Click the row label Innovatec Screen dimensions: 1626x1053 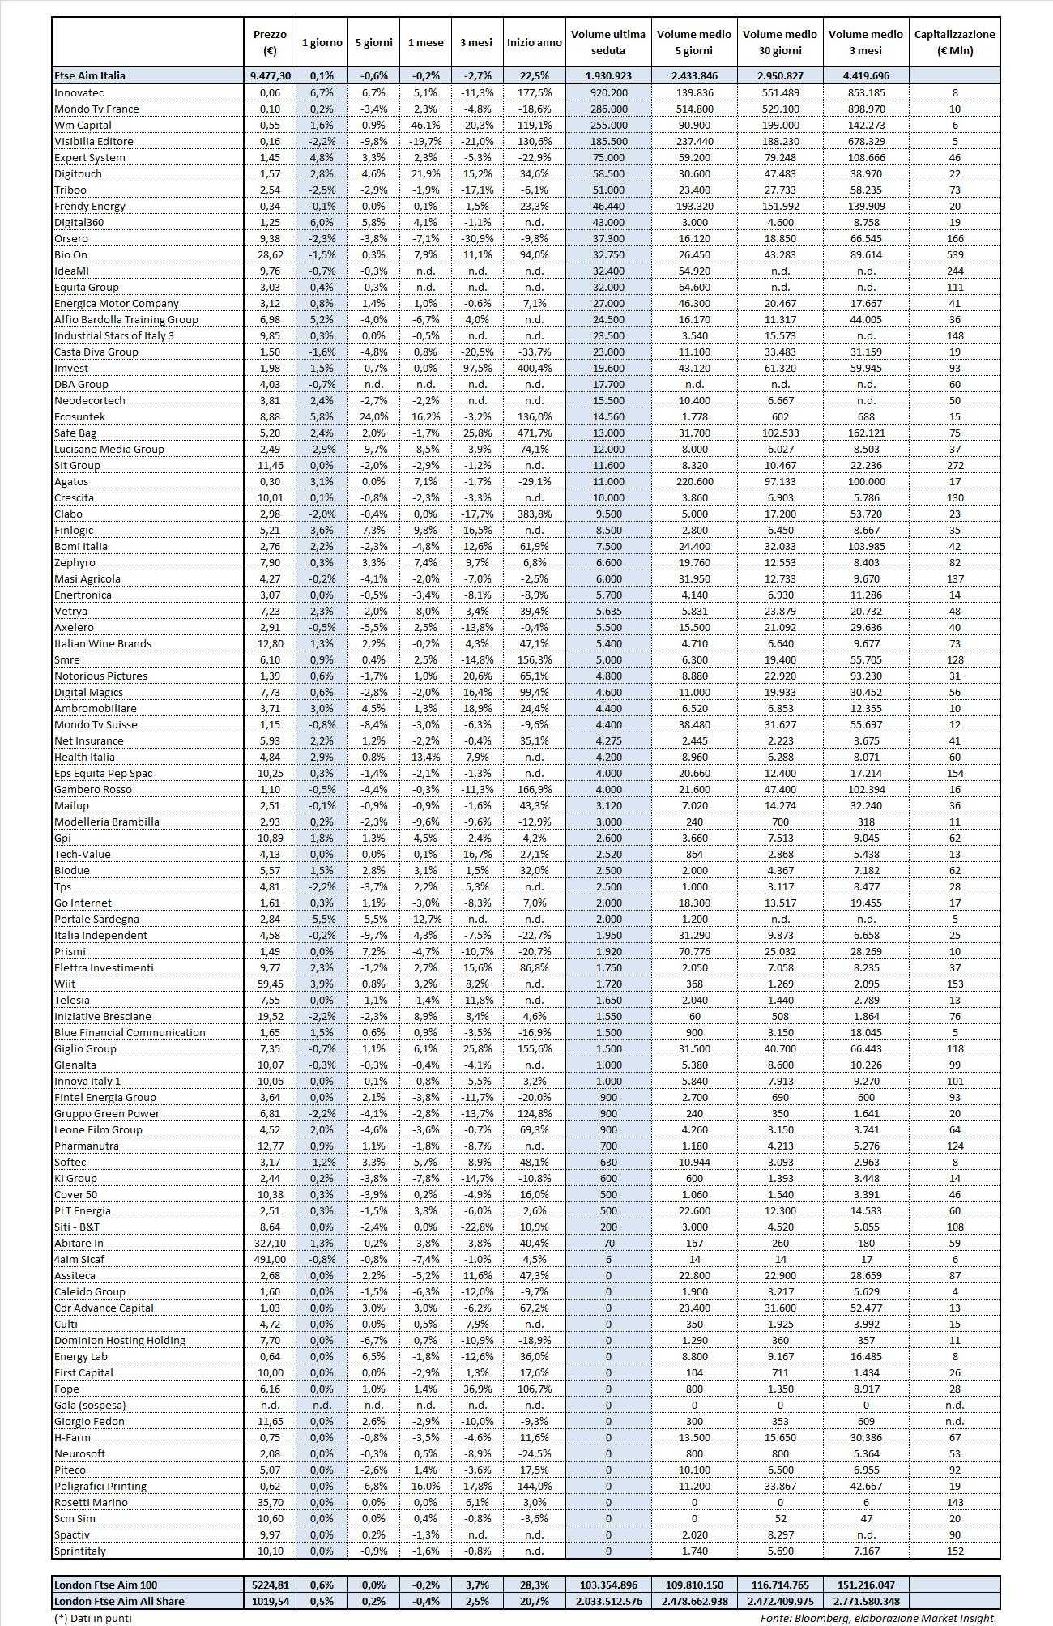79,92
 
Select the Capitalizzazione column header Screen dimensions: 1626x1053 954,42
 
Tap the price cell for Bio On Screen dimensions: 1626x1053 270,254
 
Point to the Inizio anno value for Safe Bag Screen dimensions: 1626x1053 534,433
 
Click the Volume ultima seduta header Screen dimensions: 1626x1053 608,42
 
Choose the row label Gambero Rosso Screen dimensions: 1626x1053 93,789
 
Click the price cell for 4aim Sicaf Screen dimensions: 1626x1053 270,1259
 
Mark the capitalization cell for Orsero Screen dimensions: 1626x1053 954,238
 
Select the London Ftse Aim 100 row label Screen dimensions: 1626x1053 106,1585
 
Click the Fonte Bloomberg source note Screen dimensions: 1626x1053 877,1618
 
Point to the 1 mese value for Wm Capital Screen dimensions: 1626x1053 425,125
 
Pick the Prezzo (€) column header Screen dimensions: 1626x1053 270,42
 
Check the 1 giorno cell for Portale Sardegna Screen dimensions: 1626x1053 322,919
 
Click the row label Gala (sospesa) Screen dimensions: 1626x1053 90,1405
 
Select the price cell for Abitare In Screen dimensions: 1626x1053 270,1243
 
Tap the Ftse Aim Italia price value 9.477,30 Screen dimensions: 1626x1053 270,75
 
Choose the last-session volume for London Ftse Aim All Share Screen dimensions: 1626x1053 608,1601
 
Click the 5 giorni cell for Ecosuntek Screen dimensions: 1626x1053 373,416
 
